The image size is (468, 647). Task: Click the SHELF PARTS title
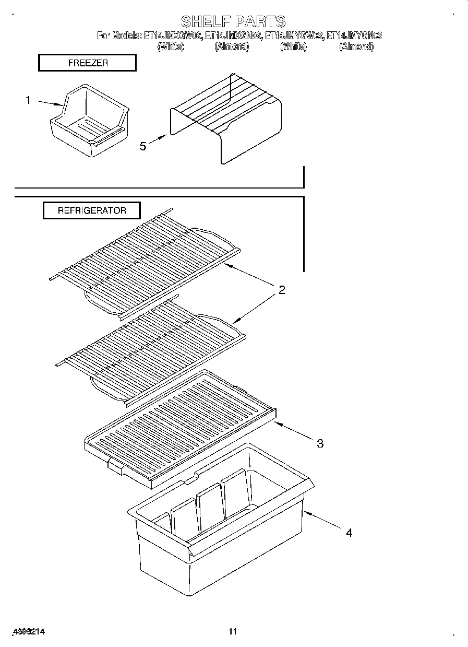click(x=233, y=21)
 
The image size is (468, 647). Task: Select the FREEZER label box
click(x=87, y=63)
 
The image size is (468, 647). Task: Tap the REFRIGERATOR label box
click(x=91, y=210)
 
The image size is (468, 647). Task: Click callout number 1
click(x=29, y=100)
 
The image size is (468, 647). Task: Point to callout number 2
click(x=282, y=290)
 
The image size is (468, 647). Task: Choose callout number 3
click(x=320, y=443)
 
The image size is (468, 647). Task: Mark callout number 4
click(x=349, y=533)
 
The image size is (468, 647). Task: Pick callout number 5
click(x=143, y=146)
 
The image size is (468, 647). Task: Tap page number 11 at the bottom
click(x=233, y=632)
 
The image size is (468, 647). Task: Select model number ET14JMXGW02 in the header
click(x=173, y=36)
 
